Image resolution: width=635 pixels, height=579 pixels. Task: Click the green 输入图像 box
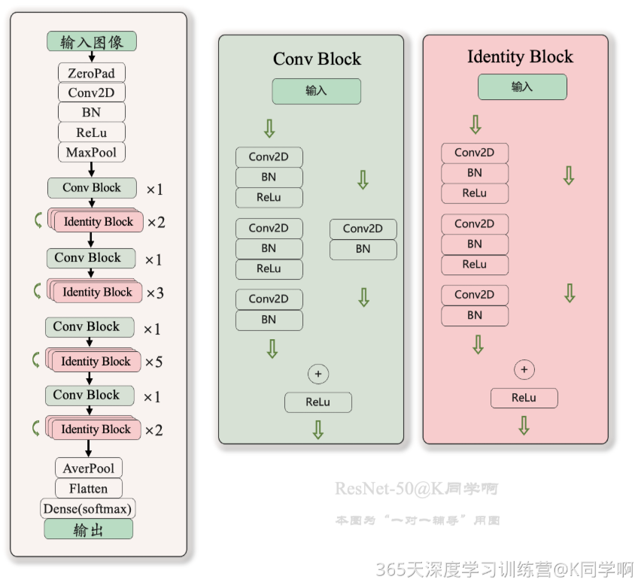(92, 41)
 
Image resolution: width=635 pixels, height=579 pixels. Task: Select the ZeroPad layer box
(92, 73)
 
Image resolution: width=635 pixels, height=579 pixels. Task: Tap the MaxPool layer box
(92, 153)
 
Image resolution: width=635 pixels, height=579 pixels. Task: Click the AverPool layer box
(89, 468)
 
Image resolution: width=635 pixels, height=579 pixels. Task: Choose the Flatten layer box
(89, 489)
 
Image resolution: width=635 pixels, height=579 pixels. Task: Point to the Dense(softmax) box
(88, 509)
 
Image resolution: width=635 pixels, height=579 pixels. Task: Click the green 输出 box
(89, 529)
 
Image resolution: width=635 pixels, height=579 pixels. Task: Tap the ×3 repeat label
(154, 293)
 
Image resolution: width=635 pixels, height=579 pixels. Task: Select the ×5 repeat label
(153, 362)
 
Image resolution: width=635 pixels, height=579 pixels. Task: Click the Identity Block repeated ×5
(96, 362)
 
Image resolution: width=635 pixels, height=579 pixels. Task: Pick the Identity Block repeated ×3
(97, 293)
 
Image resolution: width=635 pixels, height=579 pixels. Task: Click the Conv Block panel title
(317, 59)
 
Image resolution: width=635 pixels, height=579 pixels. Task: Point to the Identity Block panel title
(520, 57)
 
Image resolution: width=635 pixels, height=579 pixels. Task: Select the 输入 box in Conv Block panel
(317, 91)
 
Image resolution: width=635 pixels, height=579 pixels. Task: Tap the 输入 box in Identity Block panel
(522, 87)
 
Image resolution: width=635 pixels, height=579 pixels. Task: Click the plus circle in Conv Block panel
(318, 374)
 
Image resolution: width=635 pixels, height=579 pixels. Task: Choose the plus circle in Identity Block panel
(524, 370)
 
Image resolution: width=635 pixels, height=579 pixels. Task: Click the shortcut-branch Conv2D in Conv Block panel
(363, 229)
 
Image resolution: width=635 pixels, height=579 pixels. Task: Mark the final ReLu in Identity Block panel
(524, 398)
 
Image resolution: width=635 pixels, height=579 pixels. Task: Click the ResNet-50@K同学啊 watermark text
(416, 490)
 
